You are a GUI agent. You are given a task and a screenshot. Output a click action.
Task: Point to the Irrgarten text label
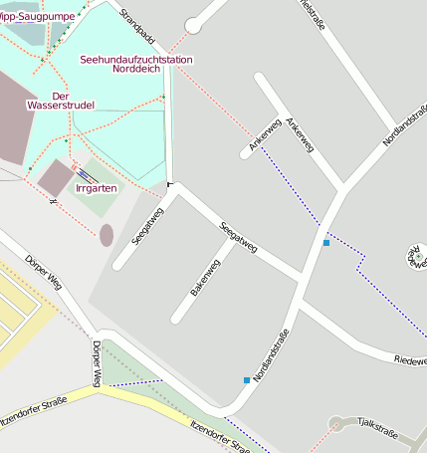(97, 187)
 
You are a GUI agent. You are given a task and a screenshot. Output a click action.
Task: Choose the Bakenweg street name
(205, 278)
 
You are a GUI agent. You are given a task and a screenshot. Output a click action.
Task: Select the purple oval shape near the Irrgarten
(107, 235)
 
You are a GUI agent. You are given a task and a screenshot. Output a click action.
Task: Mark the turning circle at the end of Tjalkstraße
(337, 424)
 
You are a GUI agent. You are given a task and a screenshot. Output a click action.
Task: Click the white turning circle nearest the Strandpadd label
(193, 26)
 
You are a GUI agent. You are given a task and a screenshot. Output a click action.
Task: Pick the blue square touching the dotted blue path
(326, 242)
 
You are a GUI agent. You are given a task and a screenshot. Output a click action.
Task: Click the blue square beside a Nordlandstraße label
(247, 379)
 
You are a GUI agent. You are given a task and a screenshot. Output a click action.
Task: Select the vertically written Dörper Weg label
(97, 364)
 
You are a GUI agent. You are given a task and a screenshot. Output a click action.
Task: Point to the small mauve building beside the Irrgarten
(55, 177)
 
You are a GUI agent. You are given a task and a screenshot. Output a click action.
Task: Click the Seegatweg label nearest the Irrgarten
(145, 224)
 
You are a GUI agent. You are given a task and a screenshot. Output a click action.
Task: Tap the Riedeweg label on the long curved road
(410, 359)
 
